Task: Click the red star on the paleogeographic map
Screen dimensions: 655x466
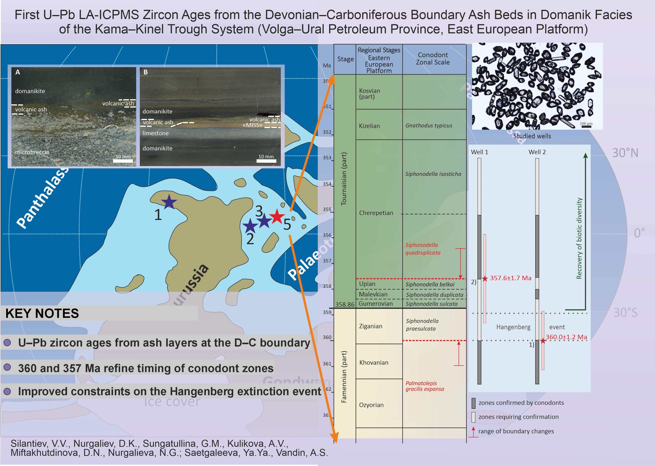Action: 277,216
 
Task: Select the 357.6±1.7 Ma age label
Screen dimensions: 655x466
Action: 510,278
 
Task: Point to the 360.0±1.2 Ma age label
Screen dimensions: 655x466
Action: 566,337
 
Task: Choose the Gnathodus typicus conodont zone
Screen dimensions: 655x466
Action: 429,125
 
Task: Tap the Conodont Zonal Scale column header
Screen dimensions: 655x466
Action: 433,58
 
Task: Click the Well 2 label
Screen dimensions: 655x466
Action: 537,152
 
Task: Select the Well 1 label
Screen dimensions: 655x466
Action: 479,152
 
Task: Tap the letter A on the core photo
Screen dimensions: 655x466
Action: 18,72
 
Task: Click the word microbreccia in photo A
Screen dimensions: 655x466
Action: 32,152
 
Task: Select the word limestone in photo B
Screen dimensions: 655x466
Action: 155,133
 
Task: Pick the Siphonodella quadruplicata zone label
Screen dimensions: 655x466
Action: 423,249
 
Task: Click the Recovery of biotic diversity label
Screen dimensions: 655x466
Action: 579,238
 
